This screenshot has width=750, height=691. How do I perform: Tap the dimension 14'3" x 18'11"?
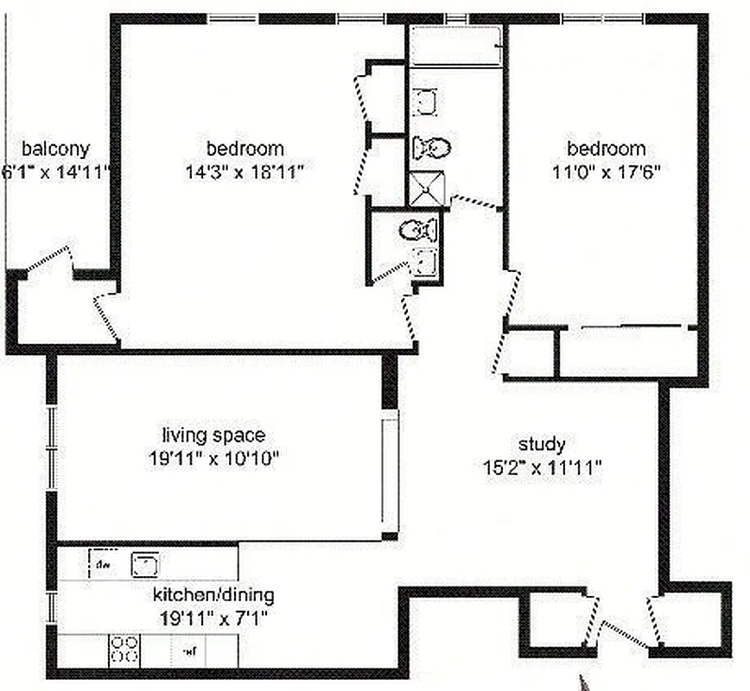point(245,170)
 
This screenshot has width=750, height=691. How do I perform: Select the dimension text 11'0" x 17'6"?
point(607,170)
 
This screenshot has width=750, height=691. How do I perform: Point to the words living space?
point(213,435)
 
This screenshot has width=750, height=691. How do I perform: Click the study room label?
point(542,445)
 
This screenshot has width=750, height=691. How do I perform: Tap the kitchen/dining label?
point(213,595)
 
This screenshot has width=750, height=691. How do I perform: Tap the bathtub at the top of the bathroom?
point(456,45)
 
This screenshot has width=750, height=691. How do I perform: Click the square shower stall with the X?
point(425,188)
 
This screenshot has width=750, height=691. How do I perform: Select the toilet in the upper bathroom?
point(431,149)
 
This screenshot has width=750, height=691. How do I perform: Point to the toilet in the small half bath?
point(419,230)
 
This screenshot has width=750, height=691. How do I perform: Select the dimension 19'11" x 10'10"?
point(213,458)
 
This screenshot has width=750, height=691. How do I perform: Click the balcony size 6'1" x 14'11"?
point(57,171)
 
